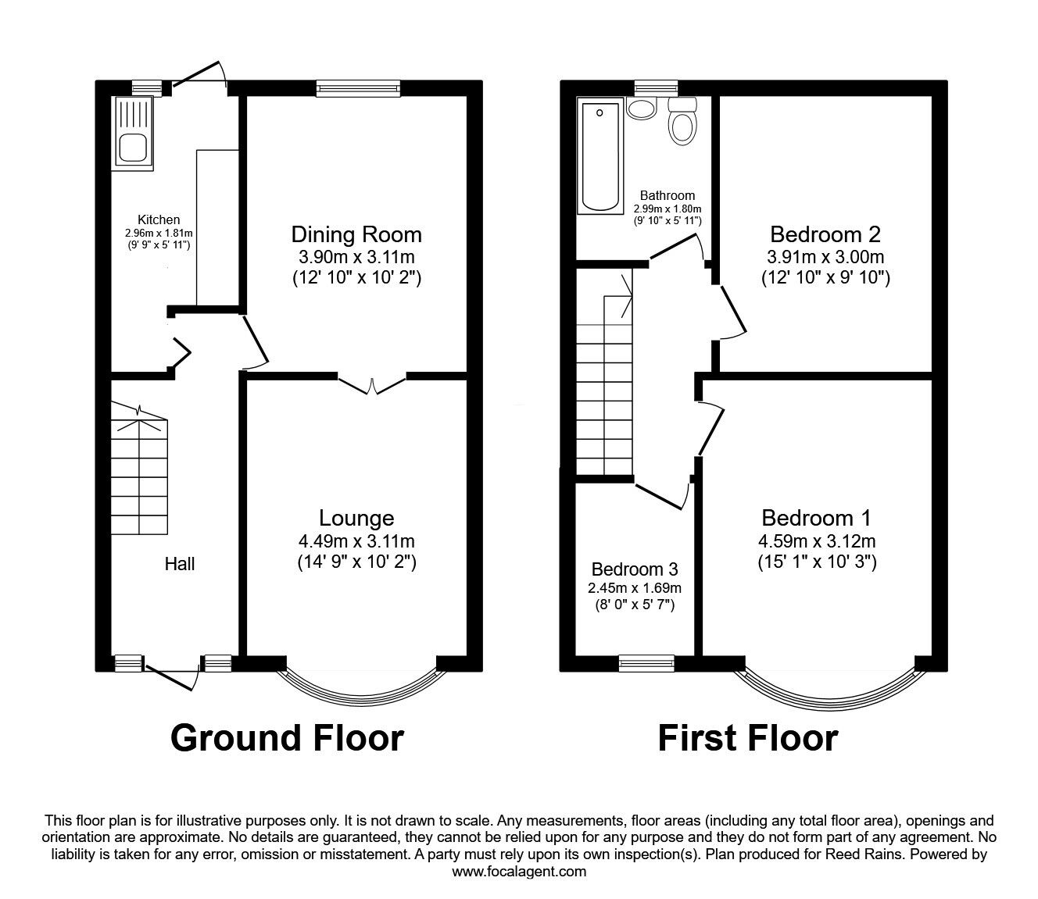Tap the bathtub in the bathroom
600,155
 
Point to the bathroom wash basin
642,109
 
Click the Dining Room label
356,234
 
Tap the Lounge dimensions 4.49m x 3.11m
356,541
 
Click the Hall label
179,563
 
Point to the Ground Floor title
287,737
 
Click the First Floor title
747,737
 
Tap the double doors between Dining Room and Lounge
372,384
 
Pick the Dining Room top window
359,88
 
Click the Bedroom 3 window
646,663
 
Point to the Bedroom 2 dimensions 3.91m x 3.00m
825,257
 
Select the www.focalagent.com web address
519,872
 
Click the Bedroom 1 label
816,517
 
